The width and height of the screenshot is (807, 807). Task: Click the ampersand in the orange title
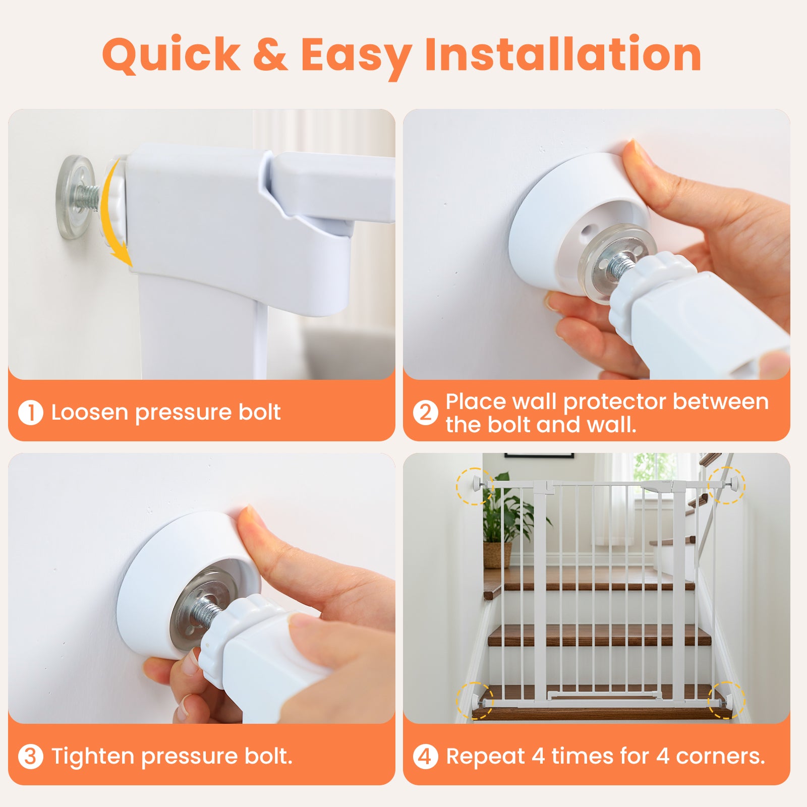pyautogui.click(x=270, y=54)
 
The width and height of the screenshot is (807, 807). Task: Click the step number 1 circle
pyautogui.click(x=30, y=412)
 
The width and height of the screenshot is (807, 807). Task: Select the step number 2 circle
pyautogui.click(x=425, y=412)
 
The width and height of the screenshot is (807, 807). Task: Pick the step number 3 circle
pyautogui.click(x=30, y=757)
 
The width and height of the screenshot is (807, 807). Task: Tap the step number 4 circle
pyautogui.click(x=425, y=757)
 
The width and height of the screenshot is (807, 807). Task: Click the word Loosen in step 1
pyautogui.click(x=90, y=412)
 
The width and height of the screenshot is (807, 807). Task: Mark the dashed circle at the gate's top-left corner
pyautogui.click(x=474, y=486)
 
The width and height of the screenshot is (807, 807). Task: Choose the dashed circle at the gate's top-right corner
pyautogui.click(x=727, y=485)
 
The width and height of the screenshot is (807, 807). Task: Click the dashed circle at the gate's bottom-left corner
pyautogui.click(x=475, y=700)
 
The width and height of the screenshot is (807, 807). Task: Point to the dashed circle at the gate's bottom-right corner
pyautogui.click(x=726, y=700)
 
